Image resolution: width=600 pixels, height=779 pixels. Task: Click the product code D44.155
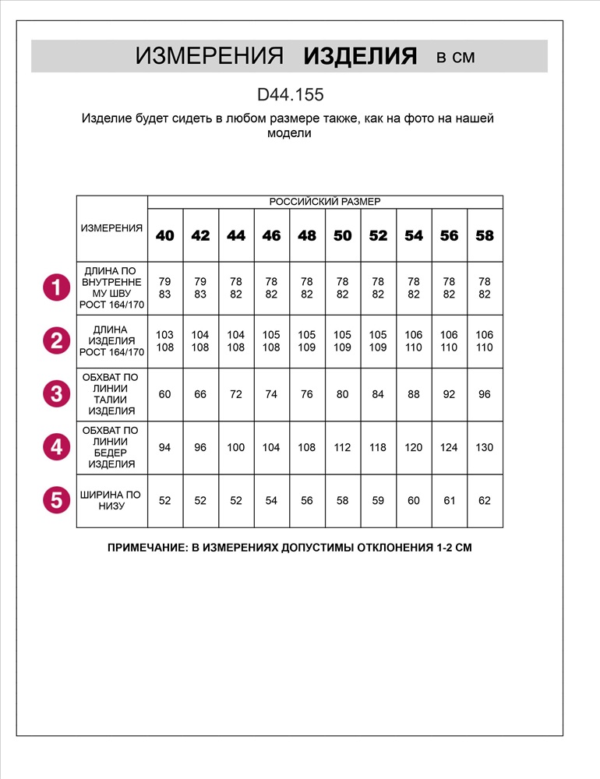click(x=290, y=95)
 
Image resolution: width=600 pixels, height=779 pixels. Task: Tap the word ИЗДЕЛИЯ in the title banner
click(x=360, y=56)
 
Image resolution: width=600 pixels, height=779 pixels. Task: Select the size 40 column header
click(x=165, y=235)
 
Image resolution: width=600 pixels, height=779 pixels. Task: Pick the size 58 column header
click(x=485, y=235)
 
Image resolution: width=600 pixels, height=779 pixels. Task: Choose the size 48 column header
click(x=307, y=235)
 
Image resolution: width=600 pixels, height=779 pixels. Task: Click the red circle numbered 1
click(x=56, y=288)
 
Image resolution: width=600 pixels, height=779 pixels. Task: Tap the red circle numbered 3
click(x=56, y=394)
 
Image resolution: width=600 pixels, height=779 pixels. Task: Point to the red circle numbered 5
click(x=56, y=500)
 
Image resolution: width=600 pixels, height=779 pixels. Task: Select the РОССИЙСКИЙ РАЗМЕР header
click(x=325, y=202)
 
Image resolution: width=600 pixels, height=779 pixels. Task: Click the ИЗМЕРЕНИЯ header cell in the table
click(x=112, y=228)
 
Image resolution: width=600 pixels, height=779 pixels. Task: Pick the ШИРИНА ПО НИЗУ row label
click(x=112, y=500)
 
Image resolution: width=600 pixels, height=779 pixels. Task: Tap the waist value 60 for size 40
click(x=165, y=394)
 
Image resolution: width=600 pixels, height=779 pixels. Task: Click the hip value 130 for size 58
click(x=485, y=447)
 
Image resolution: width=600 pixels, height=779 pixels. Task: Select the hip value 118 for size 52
click(x=378, y=447)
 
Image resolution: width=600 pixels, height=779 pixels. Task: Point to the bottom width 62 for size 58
click(x=485, y=500)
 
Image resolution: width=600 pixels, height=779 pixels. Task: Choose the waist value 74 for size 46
click(x=271, y=394)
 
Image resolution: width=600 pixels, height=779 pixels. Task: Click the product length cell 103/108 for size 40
click(x=165, y=341)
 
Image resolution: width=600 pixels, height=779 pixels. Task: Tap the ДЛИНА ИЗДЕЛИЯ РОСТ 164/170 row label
click(x=112, y=341)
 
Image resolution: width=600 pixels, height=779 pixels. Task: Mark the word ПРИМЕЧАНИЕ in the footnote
click(x=146, y=548)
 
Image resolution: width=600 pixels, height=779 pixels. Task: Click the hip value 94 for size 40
click(x=165, y=447)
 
